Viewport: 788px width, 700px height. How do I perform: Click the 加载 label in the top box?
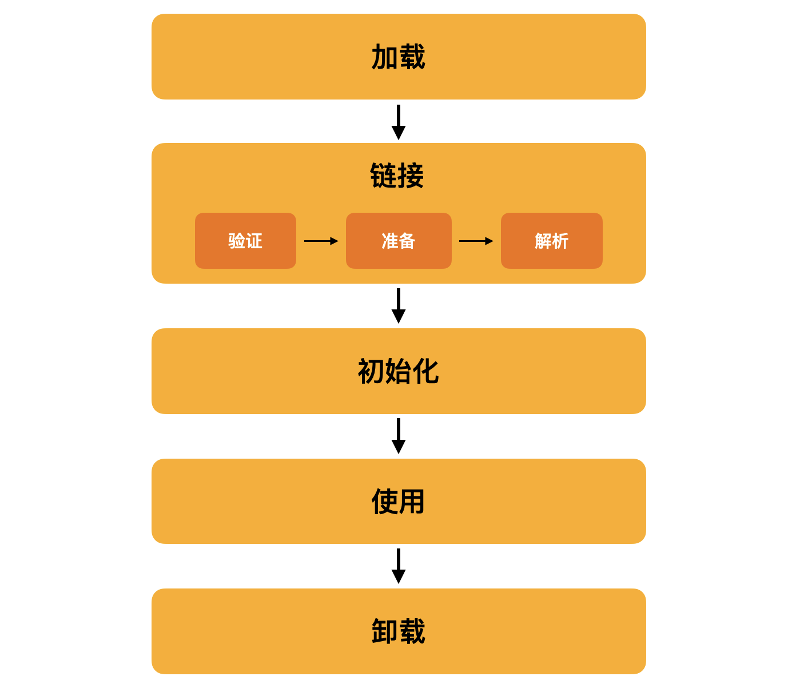tap(398, 57)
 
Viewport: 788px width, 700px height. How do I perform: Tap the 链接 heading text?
tap(397, 176)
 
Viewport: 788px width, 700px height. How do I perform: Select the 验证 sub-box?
tap(245, 240)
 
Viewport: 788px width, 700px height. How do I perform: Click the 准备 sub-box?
tap(399, 240)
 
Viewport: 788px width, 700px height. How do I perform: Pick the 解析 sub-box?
tap(551, 240)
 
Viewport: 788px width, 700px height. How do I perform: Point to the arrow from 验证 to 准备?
tap(321, 241)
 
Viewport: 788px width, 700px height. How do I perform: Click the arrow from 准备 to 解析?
tap(476, 241)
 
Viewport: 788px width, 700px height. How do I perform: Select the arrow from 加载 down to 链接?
tap(398, 122)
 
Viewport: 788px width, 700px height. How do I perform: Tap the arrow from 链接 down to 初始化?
tap(398, 306)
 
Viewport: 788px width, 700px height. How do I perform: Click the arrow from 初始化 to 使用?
tap(398, 436)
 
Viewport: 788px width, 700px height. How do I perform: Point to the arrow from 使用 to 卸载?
tap(398, 566)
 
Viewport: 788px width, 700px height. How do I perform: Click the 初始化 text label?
tap(398, 371)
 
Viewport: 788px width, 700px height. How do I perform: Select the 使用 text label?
tap(398, 501)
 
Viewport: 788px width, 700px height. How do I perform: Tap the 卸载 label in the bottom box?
tap(398, 631)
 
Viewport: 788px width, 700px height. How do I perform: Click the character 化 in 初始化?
tap(426, 371)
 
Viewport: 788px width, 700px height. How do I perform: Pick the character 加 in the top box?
tap(385, 57)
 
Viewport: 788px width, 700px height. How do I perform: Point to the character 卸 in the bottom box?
tap(385, 631)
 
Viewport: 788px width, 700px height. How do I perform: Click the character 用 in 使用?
tap(412, 501)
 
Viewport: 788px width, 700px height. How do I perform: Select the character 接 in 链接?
tap(411, 176)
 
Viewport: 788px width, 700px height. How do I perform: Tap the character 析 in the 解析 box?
tap(560, 241)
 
